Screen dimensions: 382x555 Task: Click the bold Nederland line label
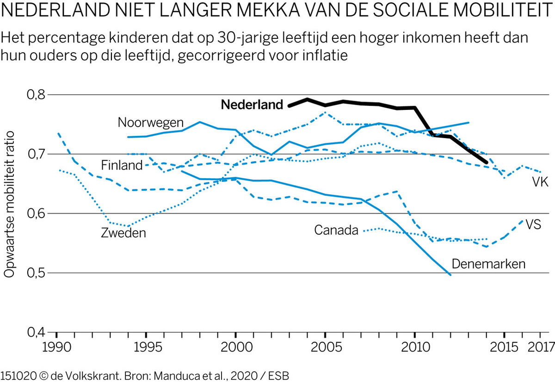(252, 105)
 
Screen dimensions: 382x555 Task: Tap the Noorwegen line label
(151, 122)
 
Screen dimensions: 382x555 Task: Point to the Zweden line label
(123, 233)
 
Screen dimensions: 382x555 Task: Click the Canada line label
(337, 230)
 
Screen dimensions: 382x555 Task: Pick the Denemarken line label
(489, 264)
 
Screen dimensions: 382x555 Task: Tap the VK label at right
(540, 183)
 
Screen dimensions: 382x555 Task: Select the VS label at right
(533, 224)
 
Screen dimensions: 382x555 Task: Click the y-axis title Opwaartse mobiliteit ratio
(10, 203)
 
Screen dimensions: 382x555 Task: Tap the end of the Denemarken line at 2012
(450, 275)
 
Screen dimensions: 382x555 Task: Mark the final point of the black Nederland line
(486, 162)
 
